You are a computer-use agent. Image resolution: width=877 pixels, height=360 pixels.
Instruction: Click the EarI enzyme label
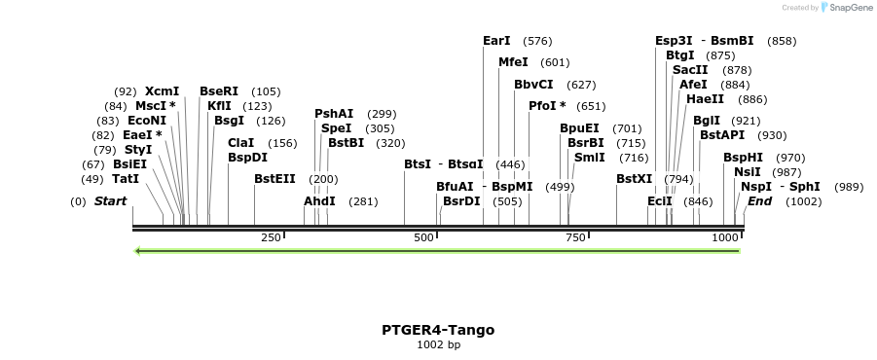click(x=496, y=41)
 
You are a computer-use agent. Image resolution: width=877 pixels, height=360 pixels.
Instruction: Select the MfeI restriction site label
click(x=513, y=62)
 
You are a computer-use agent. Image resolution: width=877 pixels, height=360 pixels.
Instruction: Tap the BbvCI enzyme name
click(x=533, y=85)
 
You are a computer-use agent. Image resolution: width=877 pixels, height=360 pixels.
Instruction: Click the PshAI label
click(x=333, y=114)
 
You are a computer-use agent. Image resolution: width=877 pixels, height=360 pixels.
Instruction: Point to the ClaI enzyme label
click(x=240, y=143)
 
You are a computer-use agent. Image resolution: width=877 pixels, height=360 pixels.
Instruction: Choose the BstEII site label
click(x=274, y=179)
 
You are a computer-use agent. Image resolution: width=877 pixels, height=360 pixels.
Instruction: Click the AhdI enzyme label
click(x=319, y=201)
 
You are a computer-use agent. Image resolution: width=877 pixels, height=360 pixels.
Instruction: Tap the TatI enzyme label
click(x=126, y=179)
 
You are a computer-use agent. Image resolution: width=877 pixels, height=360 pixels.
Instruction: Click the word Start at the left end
click(x=110, y=201)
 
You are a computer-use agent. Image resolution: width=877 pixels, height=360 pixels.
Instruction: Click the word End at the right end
click(x=759, y=201)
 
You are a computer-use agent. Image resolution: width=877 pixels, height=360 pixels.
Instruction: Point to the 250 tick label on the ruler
click(x=271, y=237)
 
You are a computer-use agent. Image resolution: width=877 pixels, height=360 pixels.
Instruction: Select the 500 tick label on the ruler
click(x=423, y=237)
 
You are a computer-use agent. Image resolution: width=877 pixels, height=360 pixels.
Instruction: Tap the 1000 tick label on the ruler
click(x=725, y=237)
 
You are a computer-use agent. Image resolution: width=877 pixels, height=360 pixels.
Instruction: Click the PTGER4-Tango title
click(x=438, y=330)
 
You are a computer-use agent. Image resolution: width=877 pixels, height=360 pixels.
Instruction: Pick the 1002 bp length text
click(x=438, y=344)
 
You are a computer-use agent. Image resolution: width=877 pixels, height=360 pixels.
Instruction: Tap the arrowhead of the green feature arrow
click(x=139, y=251)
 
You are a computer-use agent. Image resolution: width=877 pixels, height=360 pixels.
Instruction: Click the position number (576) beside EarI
click(x=537, y=41)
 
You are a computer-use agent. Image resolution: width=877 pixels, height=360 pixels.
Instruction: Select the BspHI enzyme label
click(x=743, y=158)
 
